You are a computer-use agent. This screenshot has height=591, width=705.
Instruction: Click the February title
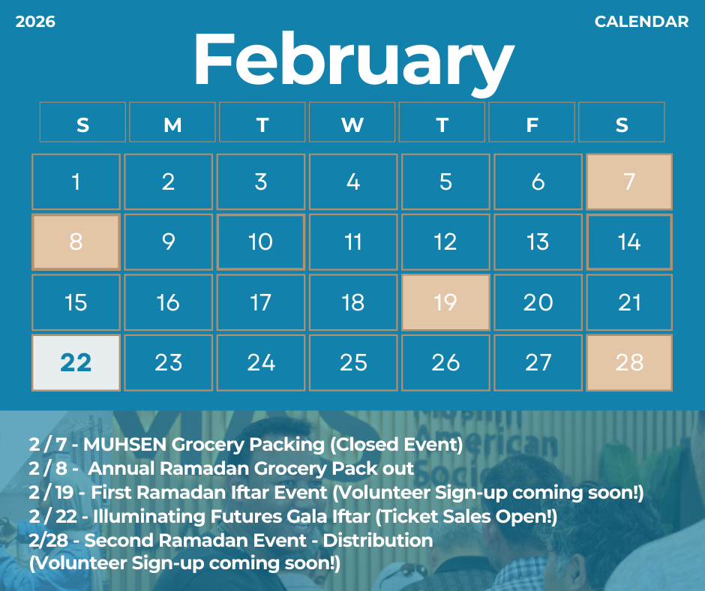[x=353, y=61]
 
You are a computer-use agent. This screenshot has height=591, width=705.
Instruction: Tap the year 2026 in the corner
[x=35, y=22]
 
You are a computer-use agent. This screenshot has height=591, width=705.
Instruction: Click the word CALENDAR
[x=641, y=22]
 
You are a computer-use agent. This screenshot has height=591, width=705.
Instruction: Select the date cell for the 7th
[x=629, y=181]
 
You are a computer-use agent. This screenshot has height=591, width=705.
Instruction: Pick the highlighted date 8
[x=76, y=242]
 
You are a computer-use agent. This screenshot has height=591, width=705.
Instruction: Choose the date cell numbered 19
[x=445, y=302]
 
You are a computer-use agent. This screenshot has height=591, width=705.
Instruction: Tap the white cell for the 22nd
[x=76, y=362]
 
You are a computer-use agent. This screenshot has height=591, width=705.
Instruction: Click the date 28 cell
[x=629, y=362]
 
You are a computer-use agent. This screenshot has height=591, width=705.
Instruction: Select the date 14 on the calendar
[x=629, y=242]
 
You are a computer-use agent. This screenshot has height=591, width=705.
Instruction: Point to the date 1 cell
[x=76, y=181]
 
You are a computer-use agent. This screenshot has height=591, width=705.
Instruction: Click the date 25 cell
[x=353, y=362]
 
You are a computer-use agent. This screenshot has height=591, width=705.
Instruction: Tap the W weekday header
[x=352, y=122]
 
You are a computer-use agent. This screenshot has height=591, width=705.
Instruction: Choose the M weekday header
[x=172, y=122]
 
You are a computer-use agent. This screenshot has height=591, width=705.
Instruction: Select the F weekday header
[x=532, y=122]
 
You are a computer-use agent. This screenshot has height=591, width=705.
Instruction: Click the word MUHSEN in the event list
[x=125, y=444]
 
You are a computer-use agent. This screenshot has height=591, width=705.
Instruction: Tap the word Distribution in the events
[x=378, y=540]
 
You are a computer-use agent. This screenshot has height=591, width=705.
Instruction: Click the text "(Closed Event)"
[x=396, y=445]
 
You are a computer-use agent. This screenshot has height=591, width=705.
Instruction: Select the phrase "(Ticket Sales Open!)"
[x=466, y=517]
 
